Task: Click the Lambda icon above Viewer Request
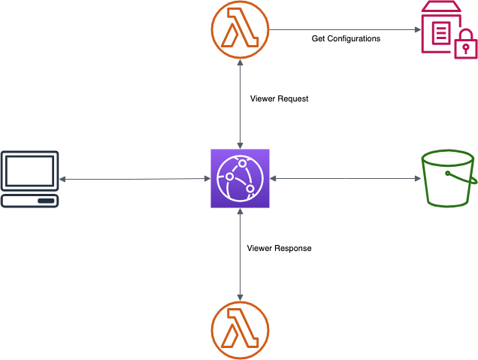click(x=240, y=30)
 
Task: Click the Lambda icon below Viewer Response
click(x=240, y=330)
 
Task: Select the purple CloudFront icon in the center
click(x=240, y=179)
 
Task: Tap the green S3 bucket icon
click(x=448, y=178)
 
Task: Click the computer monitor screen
click(x=29, y=171)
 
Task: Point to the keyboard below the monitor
click(x=29, y=201)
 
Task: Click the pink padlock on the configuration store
click(x=466, y=44)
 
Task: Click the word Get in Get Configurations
click(x=319, y=38)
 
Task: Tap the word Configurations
click(x=354, y=38)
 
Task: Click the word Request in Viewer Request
click(x=293, y=98)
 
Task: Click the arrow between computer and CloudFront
click(x=135, y=179)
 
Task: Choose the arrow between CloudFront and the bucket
click(x=344, y=179)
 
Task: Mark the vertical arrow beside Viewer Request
click(x=240, y=105)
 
